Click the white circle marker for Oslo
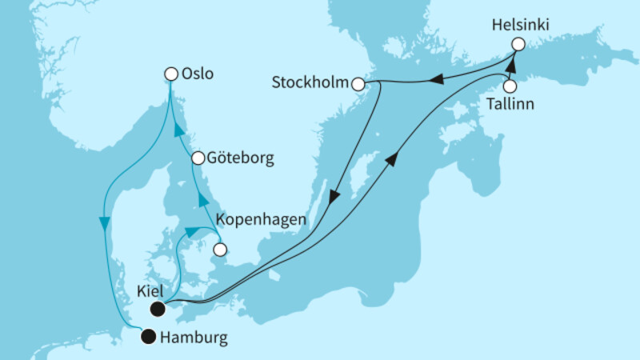pos(170,74)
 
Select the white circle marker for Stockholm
pos(358,84)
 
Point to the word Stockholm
pos(310,82)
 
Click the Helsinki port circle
pos(518,45)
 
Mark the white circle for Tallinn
pos(508,86)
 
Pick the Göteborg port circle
pos(198,158)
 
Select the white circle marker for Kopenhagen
pos(218,250)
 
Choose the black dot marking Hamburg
pos(147,337)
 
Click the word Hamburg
pos(194,338)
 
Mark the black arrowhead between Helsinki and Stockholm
pos(438,78)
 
